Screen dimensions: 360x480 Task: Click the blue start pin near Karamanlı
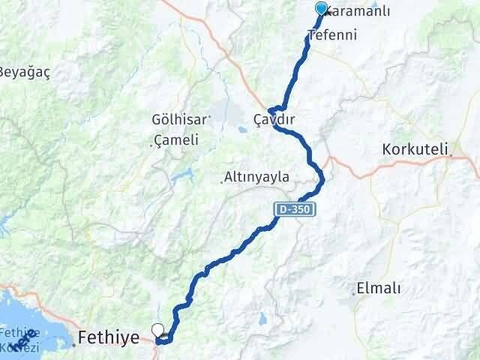322,9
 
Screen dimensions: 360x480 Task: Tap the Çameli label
177,140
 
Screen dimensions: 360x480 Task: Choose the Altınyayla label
259,178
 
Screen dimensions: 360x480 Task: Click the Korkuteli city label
415,148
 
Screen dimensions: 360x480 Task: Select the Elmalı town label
379,288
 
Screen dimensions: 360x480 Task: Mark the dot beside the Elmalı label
353,292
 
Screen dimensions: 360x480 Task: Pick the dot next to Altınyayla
223,179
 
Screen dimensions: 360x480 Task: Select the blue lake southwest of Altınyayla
180,178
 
